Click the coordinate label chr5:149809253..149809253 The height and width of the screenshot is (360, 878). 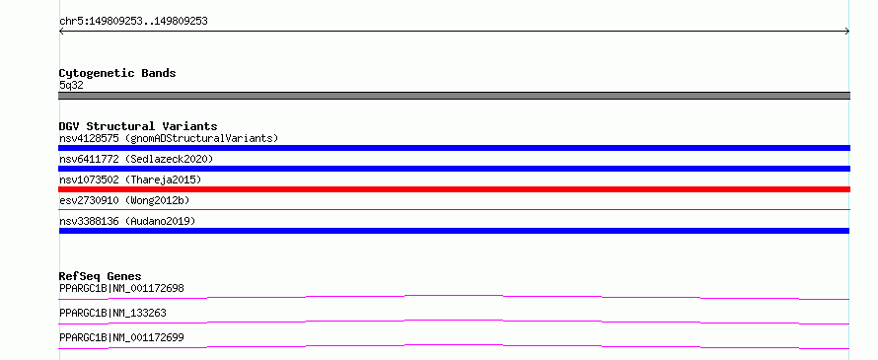[x=133, y=22]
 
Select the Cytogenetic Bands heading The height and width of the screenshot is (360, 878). [x=117, y=73]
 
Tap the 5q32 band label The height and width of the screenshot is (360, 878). [x=71, y=86]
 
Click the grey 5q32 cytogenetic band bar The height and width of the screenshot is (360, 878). [x=454, y=96]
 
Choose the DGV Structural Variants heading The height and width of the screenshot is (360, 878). [x=138, y=126]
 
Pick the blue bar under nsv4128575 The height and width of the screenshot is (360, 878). [x=454, y=148]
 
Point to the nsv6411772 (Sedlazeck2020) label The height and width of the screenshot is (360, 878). [x=136, y=159]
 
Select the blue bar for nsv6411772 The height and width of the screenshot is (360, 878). [x=454, y=169]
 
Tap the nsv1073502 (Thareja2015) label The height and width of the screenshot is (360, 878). [x=130, y=180]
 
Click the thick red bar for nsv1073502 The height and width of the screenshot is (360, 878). [x=454, y=189]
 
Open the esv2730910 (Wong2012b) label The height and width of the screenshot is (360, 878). [x=127, y=200]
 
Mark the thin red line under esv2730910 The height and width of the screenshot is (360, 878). [x=454, y=210]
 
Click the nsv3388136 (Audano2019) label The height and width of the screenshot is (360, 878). [x=127, y=221]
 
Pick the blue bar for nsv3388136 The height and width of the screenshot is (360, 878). [x=454, y=231]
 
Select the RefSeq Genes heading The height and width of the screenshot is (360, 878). [x=101, y=276]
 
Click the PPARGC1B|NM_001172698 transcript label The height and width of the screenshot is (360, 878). [x=121, y=289]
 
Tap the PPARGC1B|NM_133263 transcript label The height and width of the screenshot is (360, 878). [x=112, y=314]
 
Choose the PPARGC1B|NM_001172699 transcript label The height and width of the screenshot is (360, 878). [x=121, y=338]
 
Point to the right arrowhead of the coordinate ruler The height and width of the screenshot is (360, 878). [x=848, y=32]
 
